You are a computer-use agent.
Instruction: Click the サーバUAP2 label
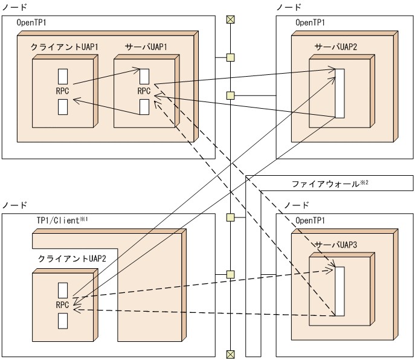click(335, 46)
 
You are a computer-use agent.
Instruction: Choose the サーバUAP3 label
click(335, 245)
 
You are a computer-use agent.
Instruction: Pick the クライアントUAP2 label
click(64, 259)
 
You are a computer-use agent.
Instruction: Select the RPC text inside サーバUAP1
click(144, 91)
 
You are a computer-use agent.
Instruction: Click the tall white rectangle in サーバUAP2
click(339, 94)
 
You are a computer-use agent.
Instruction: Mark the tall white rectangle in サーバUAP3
click(339, 291)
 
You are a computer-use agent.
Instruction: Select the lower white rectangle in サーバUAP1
click(144, 106)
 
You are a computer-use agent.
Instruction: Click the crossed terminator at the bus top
click(230, 19)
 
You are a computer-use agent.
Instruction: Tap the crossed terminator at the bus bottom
click(230, 354)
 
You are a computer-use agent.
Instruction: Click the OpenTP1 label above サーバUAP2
click(311, 22)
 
